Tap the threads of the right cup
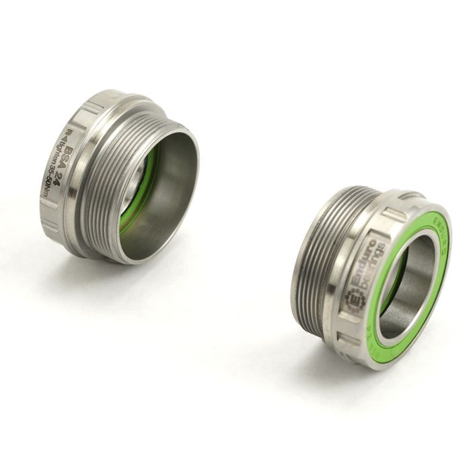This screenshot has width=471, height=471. click(x=316, y=262)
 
